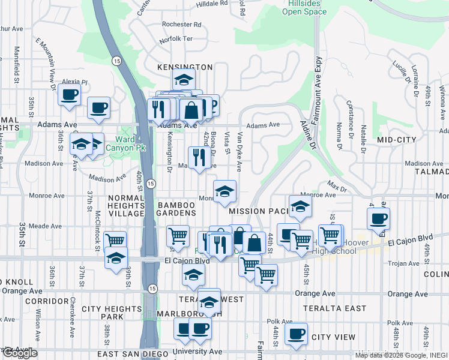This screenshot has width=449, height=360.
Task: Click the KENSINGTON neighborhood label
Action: [x=185, y=67]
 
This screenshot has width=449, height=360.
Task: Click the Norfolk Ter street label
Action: [x=176, y=40]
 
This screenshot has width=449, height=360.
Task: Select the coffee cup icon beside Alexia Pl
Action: [x=69, y=94]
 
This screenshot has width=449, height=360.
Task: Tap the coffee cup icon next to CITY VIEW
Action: [x=296, y=334]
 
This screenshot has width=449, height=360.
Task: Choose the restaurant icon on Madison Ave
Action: [x=197, y=158]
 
